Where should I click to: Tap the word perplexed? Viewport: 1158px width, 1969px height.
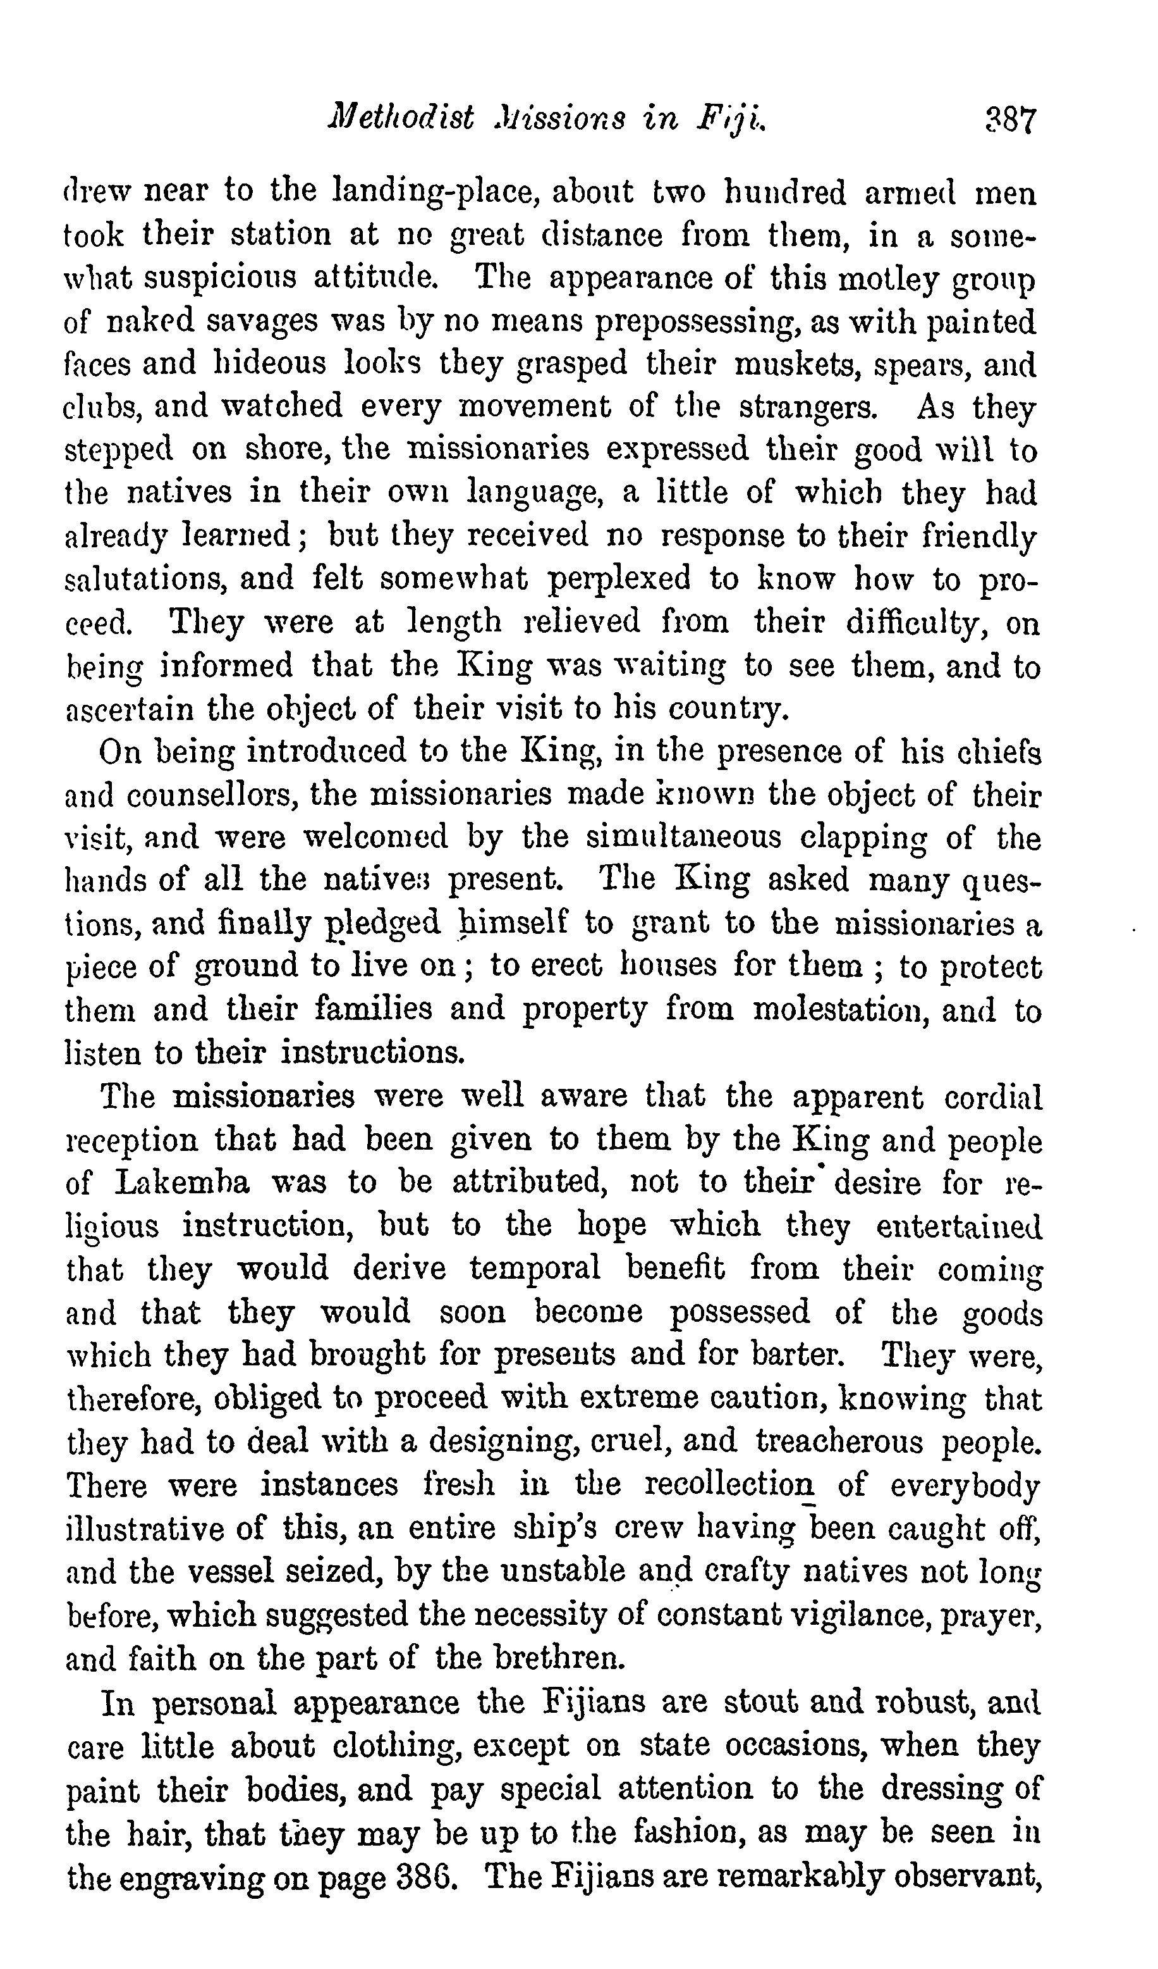[x=619, y=579]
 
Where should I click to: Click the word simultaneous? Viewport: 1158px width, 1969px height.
[x=683, y=838]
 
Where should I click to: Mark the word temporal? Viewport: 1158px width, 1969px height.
[x=535, y=1268]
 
